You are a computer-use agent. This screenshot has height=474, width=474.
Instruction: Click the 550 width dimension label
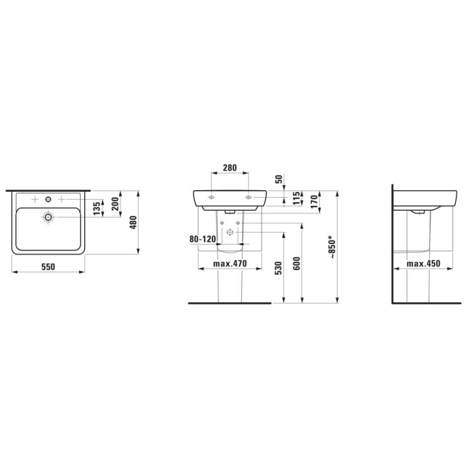[x=49, y=266]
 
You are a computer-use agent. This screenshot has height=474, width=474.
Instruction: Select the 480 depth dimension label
[x=132, y=222]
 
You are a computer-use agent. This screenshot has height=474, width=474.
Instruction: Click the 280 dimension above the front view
[x=230, y=168]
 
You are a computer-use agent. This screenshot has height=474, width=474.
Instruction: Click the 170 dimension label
[x=315, y=201]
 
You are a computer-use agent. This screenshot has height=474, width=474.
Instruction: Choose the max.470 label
[x=230, y=264]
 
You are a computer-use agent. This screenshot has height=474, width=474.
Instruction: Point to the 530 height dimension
[x=279, y=268]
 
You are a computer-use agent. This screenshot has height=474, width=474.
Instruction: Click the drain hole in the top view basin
[x=49, y=217]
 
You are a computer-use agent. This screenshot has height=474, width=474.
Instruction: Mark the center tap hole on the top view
[x=49, y=197]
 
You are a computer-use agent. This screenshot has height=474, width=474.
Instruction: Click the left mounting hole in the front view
[x=211, y=196]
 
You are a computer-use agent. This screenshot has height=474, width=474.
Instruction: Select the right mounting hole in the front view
[x=248, y=196]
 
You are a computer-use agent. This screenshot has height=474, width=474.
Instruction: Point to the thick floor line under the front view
[x=229, y=302]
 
